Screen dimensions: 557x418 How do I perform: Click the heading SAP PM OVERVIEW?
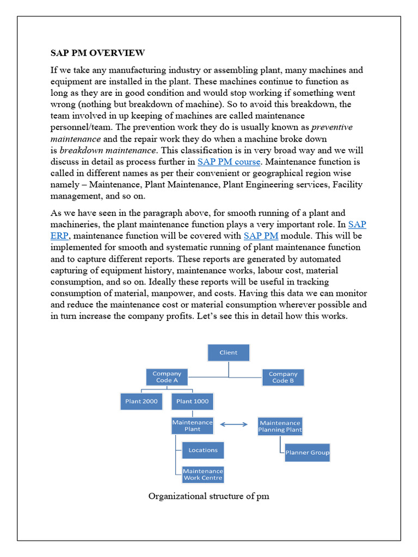[x=97, y=53]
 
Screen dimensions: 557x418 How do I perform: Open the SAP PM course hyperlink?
[x=229, y=162]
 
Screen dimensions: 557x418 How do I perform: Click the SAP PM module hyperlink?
[x=261, y=236]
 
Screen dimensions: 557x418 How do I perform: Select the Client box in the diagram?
[x=228, y=352]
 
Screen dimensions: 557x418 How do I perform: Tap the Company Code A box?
[x=167, y=377]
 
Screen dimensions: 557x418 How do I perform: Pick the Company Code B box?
[x=282, y=377]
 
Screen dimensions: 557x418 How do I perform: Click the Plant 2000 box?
[x=141, y=401]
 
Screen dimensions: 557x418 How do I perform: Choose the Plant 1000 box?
[x=192, y=401]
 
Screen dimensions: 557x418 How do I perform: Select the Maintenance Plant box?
[x=192, y=425]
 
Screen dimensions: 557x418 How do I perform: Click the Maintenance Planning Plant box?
[x=280, y=426]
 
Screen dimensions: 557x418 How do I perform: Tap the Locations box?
[x=202, y=450]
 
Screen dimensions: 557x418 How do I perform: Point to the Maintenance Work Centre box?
[x=202, y=474]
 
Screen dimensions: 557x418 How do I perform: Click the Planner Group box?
[x=307, y=453]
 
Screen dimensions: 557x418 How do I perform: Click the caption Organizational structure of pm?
[x=208, y=496]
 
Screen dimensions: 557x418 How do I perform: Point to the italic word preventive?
[x=331, y=127]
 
